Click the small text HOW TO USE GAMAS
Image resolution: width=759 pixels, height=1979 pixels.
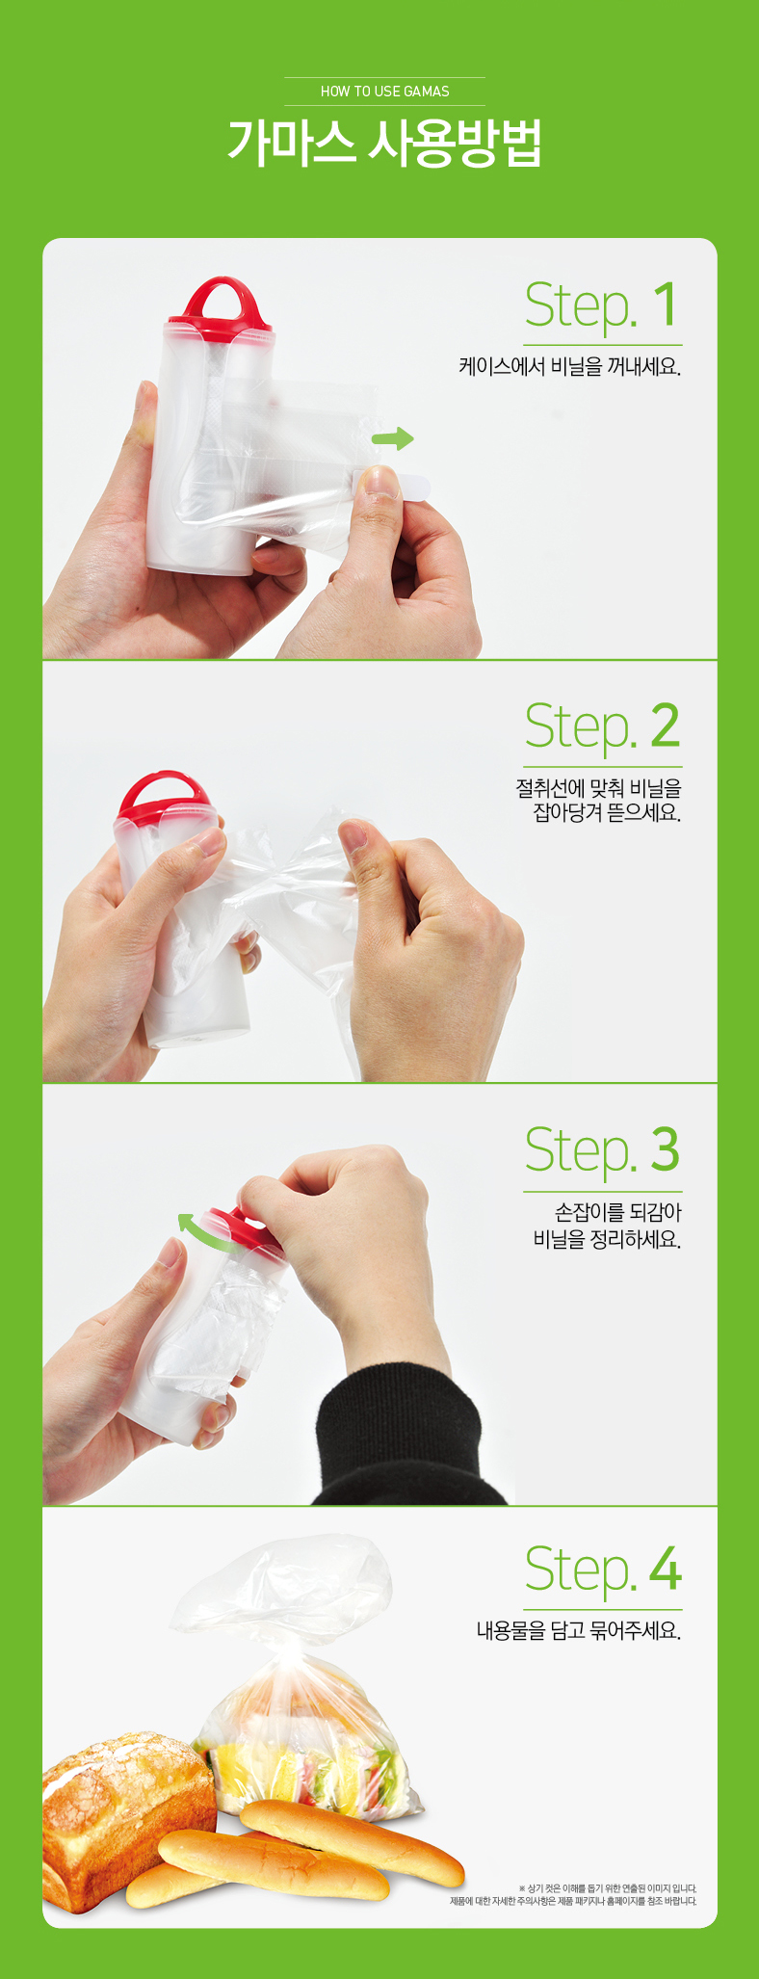click(384, 92)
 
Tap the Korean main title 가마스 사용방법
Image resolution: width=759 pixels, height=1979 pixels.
click(384, 143)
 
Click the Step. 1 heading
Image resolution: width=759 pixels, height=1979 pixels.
click(602, 306)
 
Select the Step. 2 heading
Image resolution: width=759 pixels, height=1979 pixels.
click(602, 727)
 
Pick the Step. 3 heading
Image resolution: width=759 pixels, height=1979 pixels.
click(602, 1150)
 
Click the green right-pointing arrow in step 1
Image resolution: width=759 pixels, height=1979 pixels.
click(392, 439)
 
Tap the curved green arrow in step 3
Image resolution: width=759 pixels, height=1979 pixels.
click(204, 1231)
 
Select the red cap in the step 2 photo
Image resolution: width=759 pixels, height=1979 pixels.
click(166, 797)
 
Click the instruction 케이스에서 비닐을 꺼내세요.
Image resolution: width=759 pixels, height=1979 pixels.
click(569, 367)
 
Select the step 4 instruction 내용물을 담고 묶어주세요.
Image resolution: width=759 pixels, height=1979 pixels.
click(579, 1630)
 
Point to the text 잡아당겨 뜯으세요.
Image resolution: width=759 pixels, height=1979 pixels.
click(607, 812)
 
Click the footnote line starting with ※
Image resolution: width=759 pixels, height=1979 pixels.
click(607, 1889)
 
